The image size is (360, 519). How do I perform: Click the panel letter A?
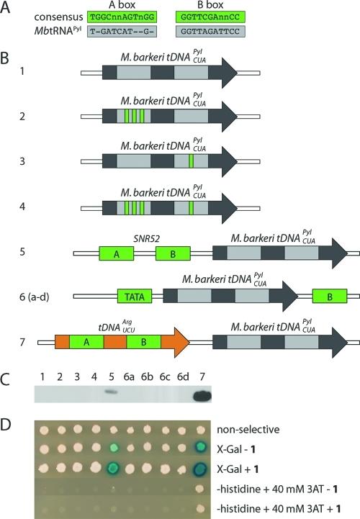pyautogui.click(x=6, y=6)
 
